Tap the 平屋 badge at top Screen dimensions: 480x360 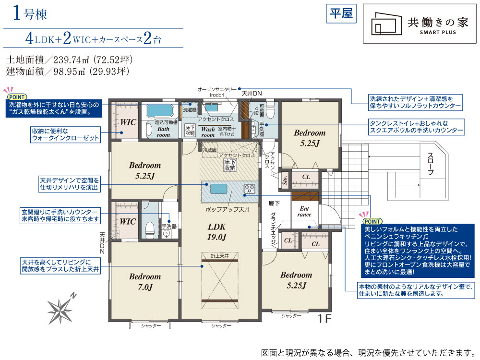[341, 13]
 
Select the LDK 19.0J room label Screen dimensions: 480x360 [216, 232]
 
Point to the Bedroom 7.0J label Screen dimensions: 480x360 [145, 282]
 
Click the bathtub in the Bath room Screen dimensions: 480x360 [160, 111]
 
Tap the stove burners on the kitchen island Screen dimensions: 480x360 [250, 189]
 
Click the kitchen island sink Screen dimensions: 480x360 [218, 189]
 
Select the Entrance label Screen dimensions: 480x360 [304, 212]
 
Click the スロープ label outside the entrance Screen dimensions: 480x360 [431, 164]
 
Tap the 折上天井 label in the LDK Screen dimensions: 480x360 [220, 256]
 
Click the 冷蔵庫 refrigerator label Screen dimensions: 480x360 [210, 150]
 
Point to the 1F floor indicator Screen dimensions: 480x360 [324, 319]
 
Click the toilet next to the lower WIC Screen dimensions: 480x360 [150, 229]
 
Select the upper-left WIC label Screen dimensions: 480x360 [128, 122]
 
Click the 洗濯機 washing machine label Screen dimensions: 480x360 [190, 109]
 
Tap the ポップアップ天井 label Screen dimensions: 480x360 [228, 210]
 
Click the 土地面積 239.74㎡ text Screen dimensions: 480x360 [69, 60]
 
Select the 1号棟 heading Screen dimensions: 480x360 [30, 14]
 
